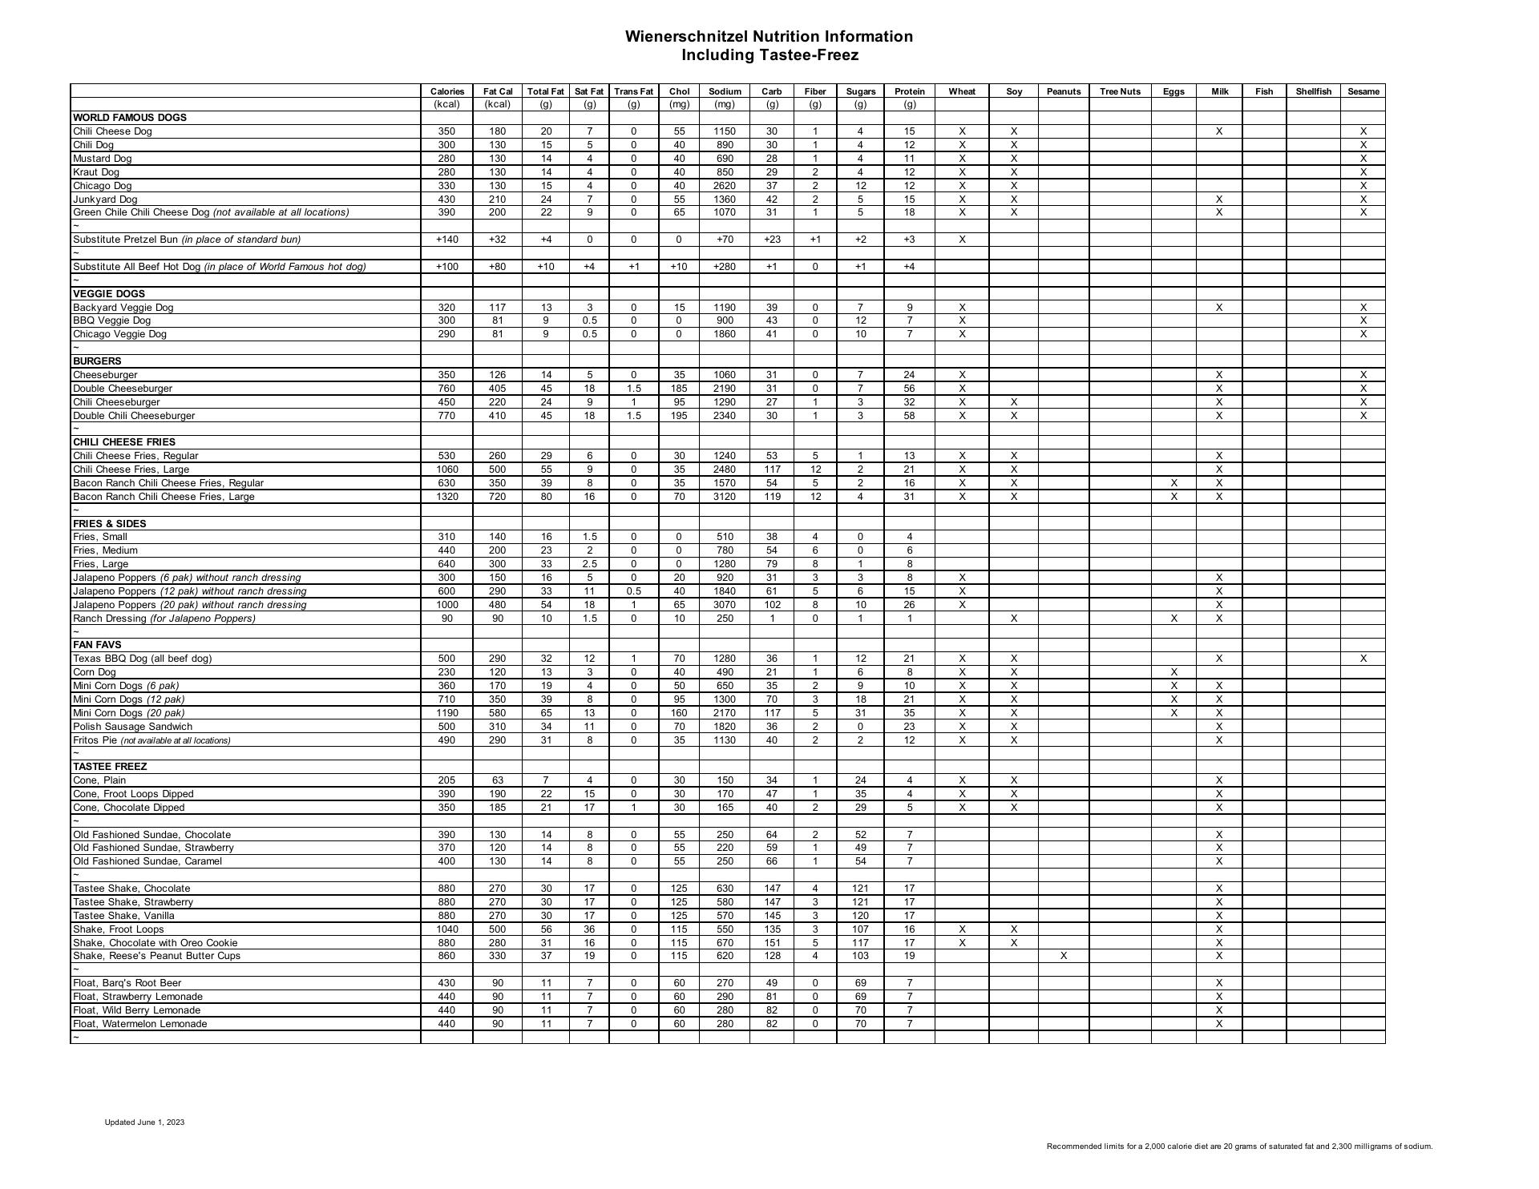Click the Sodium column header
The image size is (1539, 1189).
click(725, 91)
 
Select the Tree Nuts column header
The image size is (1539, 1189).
click(1120, 91)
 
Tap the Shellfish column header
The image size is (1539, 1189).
click(1313, 91)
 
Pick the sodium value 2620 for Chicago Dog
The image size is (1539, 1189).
click(725, 186)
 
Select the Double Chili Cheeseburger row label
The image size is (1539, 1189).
click(134, 416)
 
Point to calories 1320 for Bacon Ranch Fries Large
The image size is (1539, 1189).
click(446, 497)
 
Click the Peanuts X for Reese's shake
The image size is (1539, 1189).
click(1063, 956)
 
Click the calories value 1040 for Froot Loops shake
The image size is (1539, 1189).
click(446, 929)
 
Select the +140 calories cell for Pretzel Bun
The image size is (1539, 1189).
click(446, 240)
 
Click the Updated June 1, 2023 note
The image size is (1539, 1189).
click(144, 1122)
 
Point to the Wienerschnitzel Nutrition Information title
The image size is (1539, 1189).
click(769, 37)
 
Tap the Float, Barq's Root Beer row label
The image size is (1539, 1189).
click(127, 983)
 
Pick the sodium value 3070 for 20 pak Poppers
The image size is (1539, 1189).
click(725, 605)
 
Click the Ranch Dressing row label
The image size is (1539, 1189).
click(164, 619)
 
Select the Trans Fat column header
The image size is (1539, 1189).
click(633, 91)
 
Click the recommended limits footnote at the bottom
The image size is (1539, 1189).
click(1239, 1147)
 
